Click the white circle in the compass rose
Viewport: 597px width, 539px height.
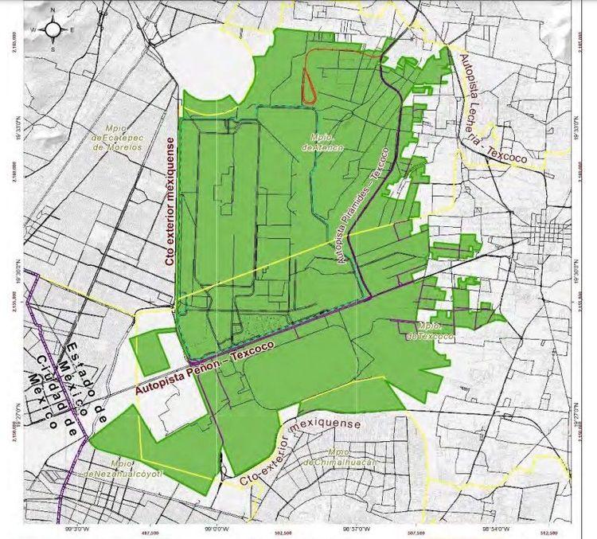tap(53, 29)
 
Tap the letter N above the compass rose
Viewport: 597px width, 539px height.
tap(53, 10)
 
